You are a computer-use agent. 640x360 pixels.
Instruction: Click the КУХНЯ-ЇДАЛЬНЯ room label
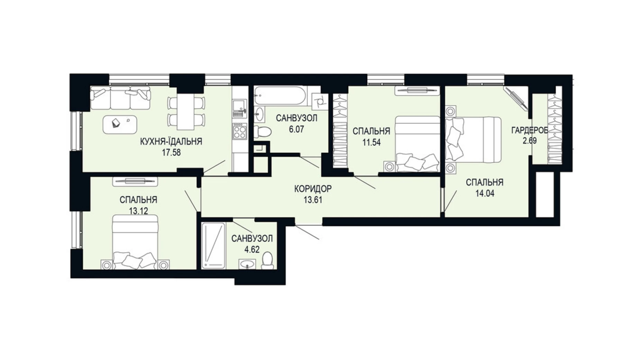tap(171, 142)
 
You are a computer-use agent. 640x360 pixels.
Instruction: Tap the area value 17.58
tap(172, 153)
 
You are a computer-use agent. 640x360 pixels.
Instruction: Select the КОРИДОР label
tap(313, 189)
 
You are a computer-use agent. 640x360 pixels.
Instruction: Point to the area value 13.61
tap(313, 200)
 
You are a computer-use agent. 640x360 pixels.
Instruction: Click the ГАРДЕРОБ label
tap(530, 130)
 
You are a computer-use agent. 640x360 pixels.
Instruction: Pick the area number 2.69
tap(530, 141)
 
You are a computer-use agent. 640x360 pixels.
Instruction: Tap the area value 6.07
tap(296, 129)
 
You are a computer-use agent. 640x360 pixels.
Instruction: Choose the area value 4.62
tap(252, 250)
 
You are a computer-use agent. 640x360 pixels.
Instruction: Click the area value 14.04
tap(485, 193)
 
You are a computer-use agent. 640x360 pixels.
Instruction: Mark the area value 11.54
tap(371, 142)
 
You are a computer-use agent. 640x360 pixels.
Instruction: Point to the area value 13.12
tap(138, 211)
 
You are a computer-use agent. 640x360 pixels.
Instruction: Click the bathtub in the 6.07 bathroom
tap(280, 95)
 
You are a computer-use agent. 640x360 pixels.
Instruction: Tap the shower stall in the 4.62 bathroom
tap(213, 245)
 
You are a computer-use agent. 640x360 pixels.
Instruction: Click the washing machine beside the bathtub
tap(319, 101)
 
